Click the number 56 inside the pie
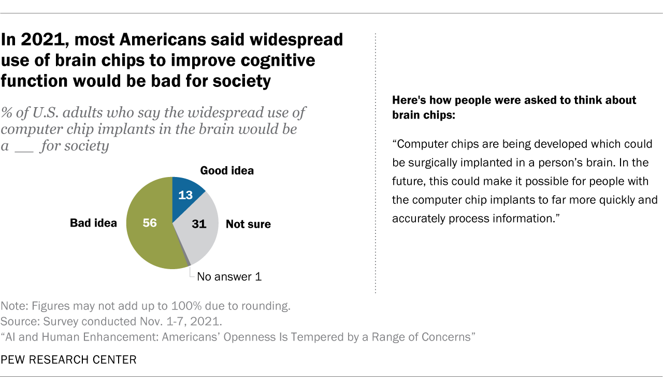click(x=150, y=224)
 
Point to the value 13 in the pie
click(x=186, y=195)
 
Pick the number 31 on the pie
click(x=199, y=224)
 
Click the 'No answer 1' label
click(x=229, y=277)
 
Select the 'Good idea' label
click(x=227, y=170)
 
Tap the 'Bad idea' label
click(x=93, y=224)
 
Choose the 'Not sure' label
click(x=248, y=224)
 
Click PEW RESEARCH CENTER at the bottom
click(x=69, y=360)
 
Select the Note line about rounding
click(x=146, y=306)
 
